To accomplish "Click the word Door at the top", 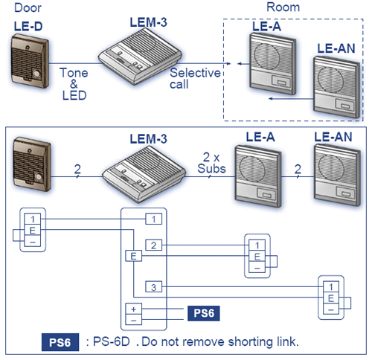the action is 28,7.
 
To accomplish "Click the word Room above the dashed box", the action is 283,7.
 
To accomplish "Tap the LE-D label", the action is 28,26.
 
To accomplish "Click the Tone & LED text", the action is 74,84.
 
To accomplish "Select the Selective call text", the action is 195,78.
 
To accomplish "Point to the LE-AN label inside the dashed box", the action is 336,48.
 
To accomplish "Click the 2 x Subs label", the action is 211,163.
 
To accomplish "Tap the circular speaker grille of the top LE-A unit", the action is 267,57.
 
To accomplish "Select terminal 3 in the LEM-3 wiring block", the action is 153,287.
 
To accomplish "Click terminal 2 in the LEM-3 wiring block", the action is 153,245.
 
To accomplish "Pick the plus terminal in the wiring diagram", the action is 133,309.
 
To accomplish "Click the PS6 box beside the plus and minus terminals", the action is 204,313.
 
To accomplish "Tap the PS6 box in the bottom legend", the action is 60,342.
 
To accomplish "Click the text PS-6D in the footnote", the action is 112,342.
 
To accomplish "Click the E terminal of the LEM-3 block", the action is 133,256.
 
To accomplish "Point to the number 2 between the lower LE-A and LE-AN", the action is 298,169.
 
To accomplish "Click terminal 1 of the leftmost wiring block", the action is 33,219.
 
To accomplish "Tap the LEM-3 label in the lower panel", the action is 148,139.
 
